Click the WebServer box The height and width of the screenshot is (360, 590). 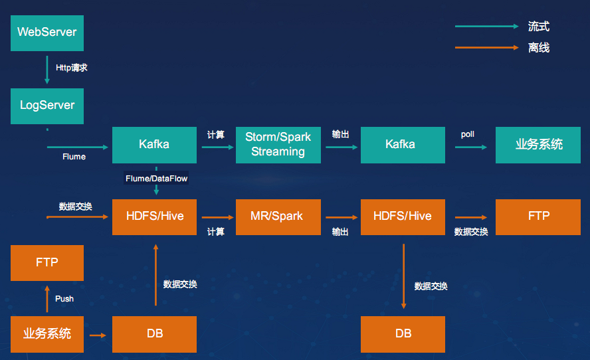click(x=47, y=33)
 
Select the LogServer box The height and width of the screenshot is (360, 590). click(x=47, y=106)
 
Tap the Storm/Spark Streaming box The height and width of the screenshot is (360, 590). click(x=278, y=145)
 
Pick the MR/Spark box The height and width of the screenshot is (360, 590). click(x=278, y=217)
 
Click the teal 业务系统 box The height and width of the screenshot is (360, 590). click(x=539, y=145)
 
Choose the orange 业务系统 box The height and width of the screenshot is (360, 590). click(x=47, y=334)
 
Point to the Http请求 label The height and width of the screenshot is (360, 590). click(x=71, y=68)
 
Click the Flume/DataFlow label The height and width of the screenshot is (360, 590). click(x=156, y=179)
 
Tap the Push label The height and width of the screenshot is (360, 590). click(x=64, y=299)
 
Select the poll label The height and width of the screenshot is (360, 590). click(x=468, y=134)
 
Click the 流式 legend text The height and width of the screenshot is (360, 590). click(x=539, y=27)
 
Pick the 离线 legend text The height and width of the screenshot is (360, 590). click(x=539, y=48)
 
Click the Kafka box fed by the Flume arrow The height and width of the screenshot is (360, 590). click(x=154, y=145)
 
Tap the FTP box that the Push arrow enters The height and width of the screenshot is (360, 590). click(x=47, y=263)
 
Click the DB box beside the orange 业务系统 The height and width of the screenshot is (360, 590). click(x=154, y=334)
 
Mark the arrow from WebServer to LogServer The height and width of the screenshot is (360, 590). click(x=47, y=70)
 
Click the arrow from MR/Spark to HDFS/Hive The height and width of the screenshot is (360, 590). click(x=341, y=217)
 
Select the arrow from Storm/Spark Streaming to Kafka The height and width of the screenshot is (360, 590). click(x=341, y=147)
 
